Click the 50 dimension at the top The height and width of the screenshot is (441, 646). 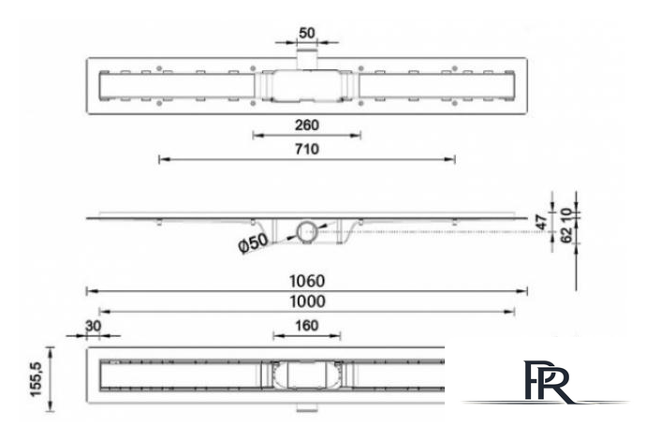[307, 33]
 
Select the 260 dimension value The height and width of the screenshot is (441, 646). [307, 125]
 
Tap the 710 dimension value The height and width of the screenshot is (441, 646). [307, 149]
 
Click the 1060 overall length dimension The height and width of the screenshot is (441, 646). [307, 280]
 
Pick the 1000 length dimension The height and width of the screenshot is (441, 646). [307, 301]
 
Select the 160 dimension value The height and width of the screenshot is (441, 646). [307, 325]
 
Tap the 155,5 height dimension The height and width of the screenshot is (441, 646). [37, 377]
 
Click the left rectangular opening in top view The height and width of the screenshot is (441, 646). [173, 87]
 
